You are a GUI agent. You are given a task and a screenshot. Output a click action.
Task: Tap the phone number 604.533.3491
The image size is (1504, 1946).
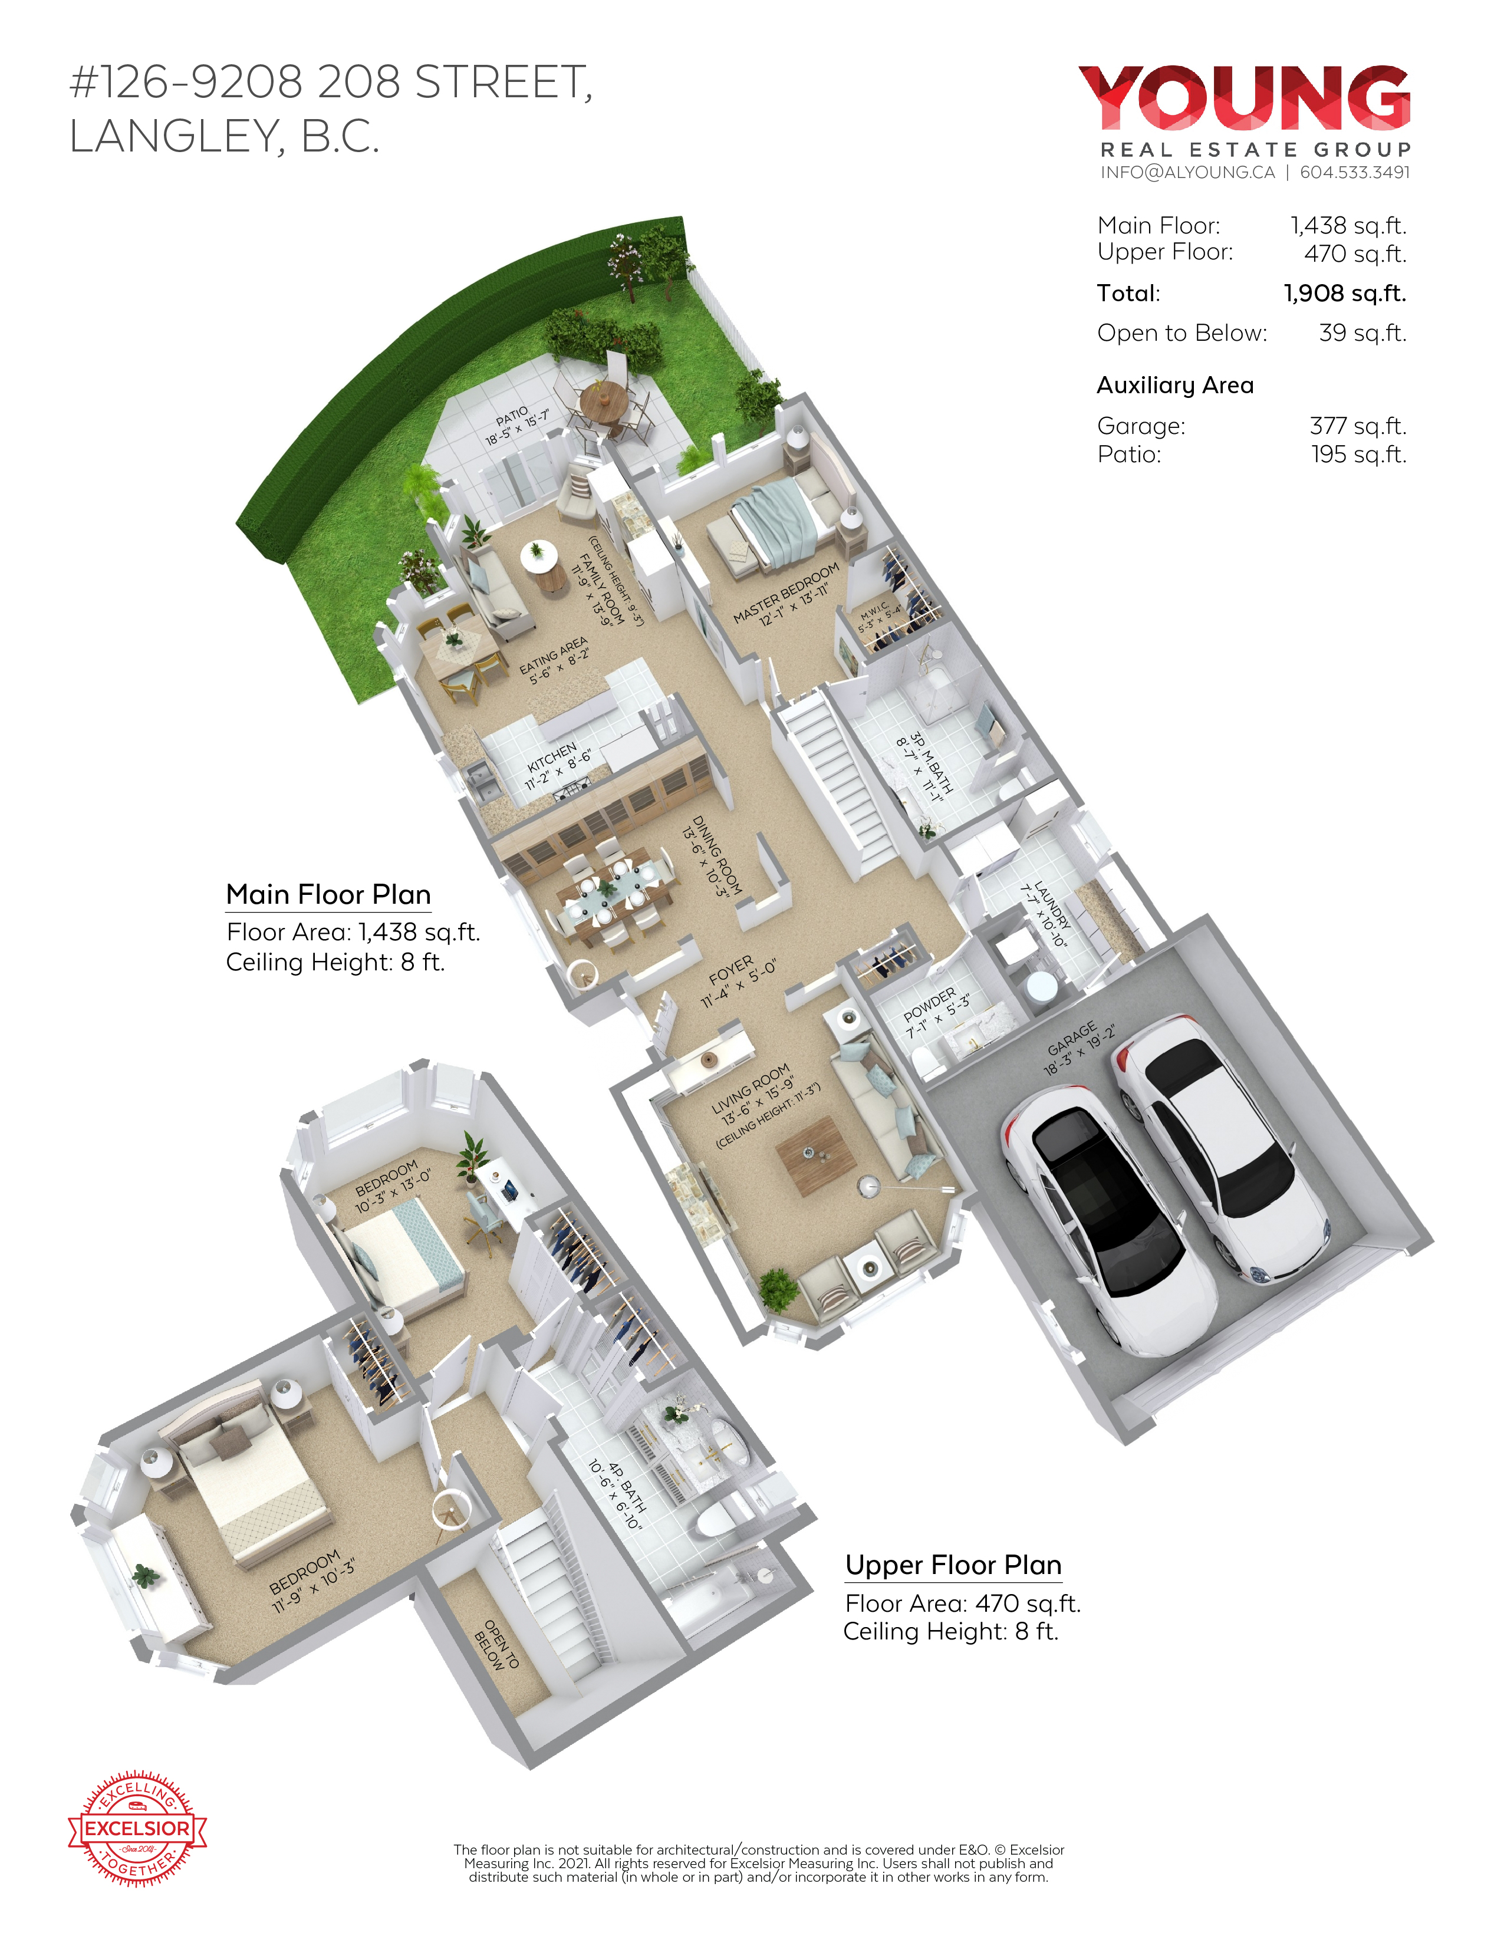tap(1354, 172)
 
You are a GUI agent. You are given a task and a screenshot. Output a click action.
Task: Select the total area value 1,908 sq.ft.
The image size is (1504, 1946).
tap(1344, 293)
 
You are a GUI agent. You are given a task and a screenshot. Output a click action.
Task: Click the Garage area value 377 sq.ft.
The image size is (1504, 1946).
tap(1358, 426)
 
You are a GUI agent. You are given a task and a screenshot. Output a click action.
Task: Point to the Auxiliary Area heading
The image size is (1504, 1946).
tap(1175, 385)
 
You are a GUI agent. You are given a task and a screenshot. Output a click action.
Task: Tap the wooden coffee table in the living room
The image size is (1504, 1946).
tap(815, 1155)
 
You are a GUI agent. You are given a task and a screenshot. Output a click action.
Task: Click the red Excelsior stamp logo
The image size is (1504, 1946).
tap(137, 1828)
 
